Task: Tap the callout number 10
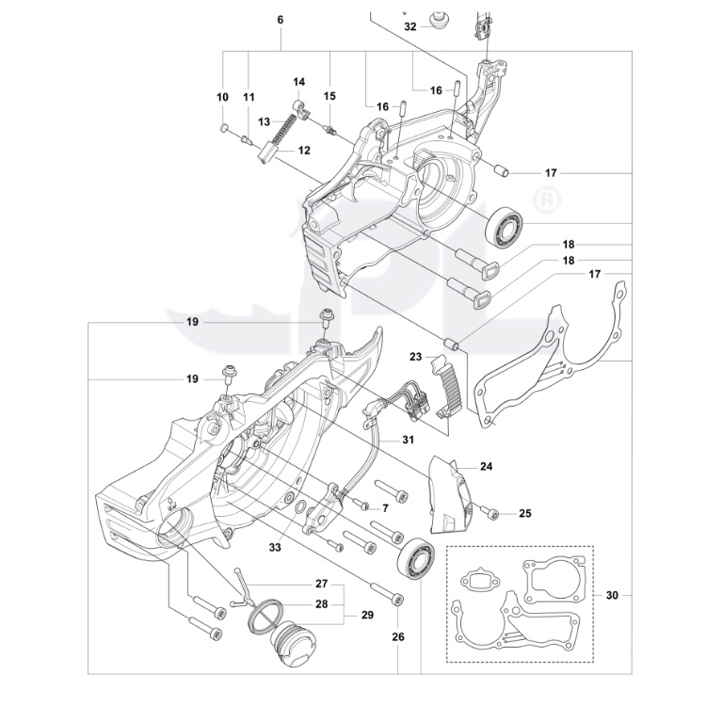223,97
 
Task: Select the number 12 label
304,151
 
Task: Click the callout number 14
298,81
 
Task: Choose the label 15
329,96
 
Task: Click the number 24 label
486,466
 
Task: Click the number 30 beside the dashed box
613,595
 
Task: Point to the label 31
408,440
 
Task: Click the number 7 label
385,508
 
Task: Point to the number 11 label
249,97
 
